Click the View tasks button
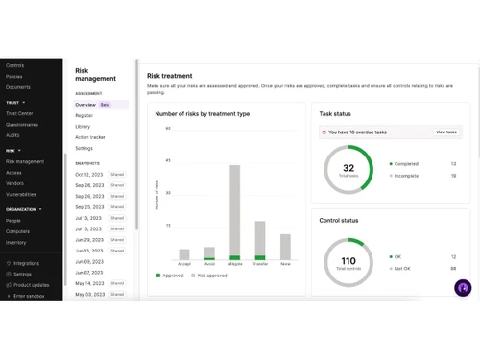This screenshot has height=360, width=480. (x=446, y=132)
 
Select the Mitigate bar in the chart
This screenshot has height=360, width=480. (x=234, y=211)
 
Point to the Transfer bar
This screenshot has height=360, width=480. (x=259, y=240)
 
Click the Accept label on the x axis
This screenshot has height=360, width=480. (x=184, y=264)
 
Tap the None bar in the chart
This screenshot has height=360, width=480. (x=285, y=247)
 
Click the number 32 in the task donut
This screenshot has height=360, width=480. (x=348, y=167)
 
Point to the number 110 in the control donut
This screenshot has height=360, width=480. (x=348, y=260)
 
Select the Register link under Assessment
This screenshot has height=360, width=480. (x=84, y=115)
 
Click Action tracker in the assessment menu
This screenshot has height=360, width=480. (x=90, y=137)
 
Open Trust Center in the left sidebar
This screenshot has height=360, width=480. (x=20, y=112)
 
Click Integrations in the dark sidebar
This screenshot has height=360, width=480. (x=26, y=262)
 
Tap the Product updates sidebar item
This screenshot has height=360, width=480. (x=31, y=285)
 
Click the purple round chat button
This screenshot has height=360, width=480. (x=463, y=288)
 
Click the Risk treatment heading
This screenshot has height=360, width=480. (x=169, y=75)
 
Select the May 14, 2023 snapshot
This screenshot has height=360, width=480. (x=89, y=283)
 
